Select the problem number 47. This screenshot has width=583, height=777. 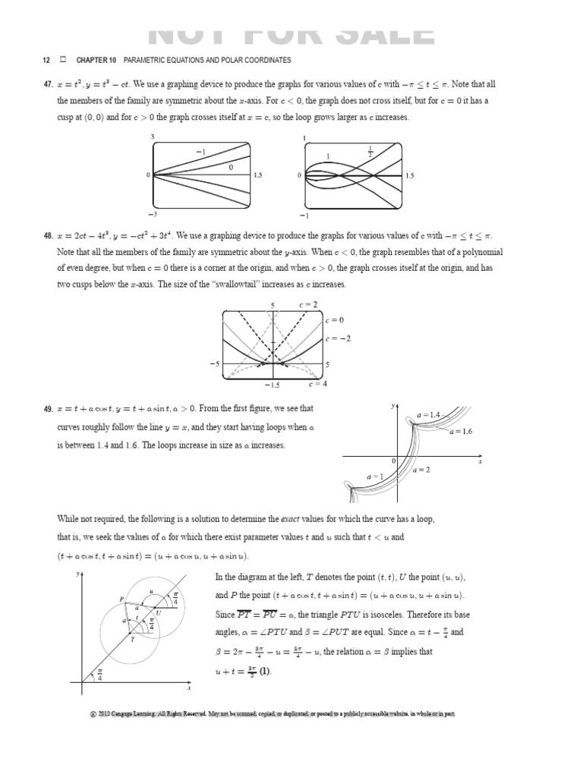(46, 84)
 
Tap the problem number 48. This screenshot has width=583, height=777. (46, 236)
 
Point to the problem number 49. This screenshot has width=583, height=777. (46, 409)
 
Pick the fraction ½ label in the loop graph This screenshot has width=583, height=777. (370, 150)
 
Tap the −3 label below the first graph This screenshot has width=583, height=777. (152, 215)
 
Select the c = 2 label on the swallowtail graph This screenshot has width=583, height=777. (308, 304)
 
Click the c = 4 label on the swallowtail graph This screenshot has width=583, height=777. (307, 385)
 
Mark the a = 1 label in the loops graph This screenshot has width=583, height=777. (375, 476)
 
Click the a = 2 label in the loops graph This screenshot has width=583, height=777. (421, 470)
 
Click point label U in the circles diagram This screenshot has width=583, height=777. (157, 612)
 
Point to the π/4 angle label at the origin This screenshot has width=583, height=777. (99, 675)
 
